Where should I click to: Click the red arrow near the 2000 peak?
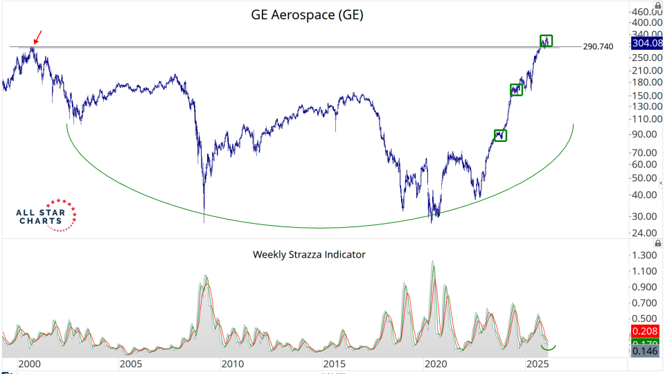pyautogui.click(x=37, y=36)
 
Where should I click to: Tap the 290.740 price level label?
pyautogui.click(x=598, y=46)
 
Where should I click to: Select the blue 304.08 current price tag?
pyautogui.click(x=646, y=44)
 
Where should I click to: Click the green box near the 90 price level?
pyautogui.click(x=500, y=136)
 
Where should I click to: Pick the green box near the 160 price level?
pyautogui.click(x=516, y=89)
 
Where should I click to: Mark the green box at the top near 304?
pyautogui.click(x=546, y=41)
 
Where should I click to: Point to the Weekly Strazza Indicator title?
pyautogui.click(x=309, y=254)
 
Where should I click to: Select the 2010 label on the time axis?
pyautogui.click(x=232, y=364)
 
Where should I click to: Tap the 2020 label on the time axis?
pyautogui.click(x=435, y=364)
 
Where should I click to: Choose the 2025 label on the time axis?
pyautogui.click(x=537, y=364)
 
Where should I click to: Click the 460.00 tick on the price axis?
pyautogui.click(x=646, y=12)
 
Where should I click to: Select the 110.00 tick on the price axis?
pyautogui.click(x=646, y=118)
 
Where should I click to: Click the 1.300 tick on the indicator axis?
pyautogui.click(x=646, y=255)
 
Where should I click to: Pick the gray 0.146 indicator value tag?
pyautogui.click(x=646, y=352)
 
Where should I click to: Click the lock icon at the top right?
pyautogui.click(x=657, y=5)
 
